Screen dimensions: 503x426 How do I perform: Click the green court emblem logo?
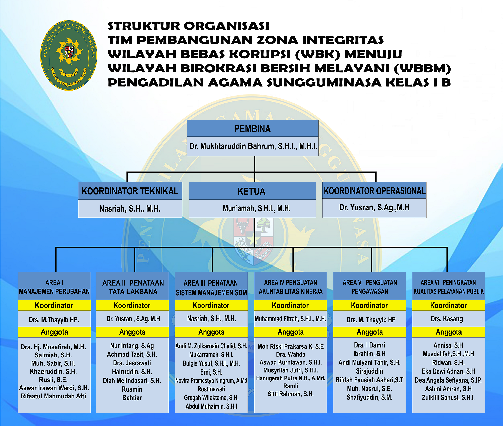(x=69, y=55)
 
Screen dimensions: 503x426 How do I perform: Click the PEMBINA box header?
(x=253, y=129)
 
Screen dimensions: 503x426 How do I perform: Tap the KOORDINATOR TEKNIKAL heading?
(x=130, y=191)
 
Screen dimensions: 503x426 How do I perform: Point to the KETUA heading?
(x=251, y=191)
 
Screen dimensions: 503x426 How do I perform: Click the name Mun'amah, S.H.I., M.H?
(x=257, y=208)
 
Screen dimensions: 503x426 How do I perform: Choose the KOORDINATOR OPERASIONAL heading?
(x=374, y=191)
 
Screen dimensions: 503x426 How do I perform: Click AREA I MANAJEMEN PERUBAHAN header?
(x=54, y=287)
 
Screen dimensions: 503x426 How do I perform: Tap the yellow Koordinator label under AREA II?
(x=132, y=305)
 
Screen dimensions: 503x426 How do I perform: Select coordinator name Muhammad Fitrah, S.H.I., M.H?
(x=290, y=319)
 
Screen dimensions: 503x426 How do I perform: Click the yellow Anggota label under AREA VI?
(x=449, y=332)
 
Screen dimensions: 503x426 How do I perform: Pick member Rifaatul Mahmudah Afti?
(x=53, y=396)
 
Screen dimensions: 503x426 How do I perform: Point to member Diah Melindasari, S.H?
(x=132, y=380)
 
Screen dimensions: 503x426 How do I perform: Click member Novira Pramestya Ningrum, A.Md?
(x=211, y=380)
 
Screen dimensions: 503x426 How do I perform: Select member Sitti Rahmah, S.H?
(x=290, y=394)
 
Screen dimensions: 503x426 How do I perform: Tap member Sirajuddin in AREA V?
(x=369, y=371)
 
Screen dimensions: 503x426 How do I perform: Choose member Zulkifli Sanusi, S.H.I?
(x=448, y=397)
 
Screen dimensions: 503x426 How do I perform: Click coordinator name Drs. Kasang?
(x=447, y=319)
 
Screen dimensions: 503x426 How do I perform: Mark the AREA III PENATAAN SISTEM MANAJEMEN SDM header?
(x=211, y=288)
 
